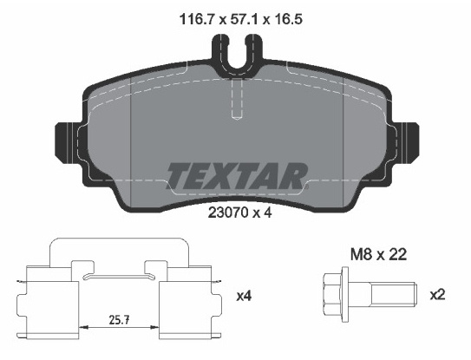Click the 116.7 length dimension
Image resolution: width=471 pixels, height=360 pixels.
pyautogui.click(x=196, y=20)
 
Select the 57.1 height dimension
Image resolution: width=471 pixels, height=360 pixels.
pyautogui.click(x=243, y=20)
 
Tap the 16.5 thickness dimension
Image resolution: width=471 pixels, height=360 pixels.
pyautogui.click(x=286, y=20)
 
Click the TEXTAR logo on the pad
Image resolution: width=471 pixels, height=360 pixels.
pyautogui.click(x=238, y=176)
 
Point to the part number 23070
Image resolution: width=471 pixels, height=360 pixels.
pyautogui.click(x=228, y=213)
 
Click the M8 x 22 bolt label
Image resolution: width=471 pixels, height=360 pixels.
pyautogui.click(x=378, y=255)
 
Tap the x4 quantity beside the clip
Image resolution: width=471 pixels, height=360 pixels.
pyautogui.click(x=244, y=297)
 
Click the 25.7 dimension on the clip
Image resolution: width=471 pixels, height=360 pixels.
pyautogui.click(x=119, y=320)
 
